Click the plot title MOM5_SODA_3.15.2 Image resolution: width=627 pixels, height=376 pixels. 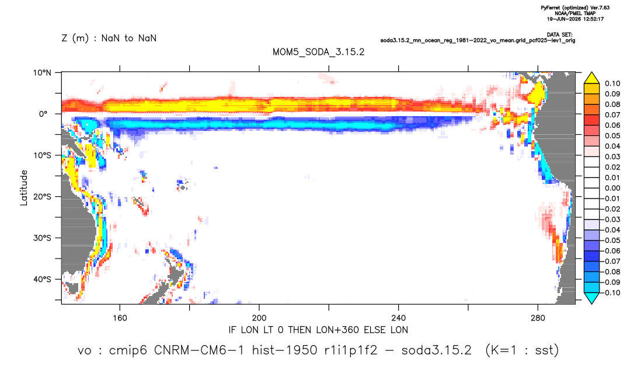318,53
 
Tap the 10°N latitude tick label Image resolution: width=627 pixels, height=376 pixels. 42,73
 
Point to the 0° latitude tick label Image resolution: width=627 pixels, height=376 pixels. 43,114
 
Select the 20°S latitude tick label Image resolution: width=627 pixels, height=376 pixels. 42,197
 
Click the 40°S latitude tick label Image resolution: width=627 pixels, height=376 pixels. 42,279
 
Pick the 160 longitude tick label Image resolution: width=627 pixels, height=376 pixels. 120,318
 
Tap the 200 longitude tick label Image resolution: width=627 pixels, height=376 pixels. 259,318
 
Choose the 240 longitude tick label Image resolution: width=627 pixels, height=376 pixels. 398,318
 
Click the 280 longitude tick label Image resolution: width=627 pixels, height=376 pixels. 538,318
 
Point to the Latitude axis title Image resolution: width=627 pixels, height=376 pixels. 24,188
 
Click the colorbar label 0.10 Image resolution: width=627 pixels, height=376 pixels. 612,83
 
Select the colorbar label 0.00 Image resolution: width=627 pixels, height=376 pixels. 612,188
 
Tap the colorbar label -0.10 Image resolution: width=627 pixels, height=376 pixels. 611,293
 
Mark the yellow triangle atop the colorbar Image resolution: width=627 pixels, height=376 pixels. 591,78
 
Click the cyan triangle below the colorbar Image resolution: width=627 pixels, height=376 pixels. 591,298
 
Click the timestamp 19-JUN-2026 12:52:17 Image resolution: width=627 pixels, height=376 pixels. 575,19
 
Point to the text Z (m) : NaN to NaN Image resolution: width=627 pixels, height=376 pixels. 109,39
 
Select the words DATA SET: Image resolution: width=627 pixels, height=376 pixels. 559,35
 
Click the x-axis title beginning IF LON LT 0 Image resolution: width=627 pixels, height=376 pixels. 318,330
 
